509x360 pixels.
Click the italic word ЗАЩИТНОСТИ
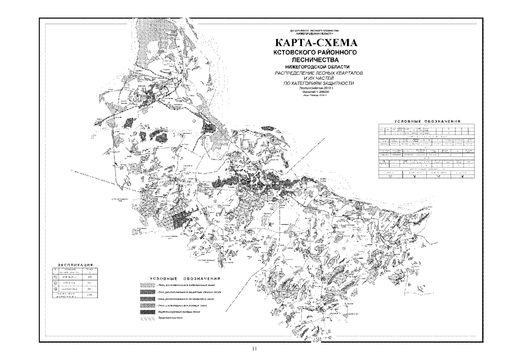(336, 84)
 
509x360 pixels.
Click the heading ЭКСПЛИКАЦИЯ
(75, 264)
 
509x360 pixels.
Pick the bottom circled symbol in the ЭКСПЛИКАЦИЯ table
(55, 290)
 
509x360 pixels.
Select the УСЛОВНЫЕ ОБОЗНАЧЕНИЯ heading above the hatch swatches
(185, 279)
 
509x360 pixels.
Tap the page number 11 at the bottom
(254, 348)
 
